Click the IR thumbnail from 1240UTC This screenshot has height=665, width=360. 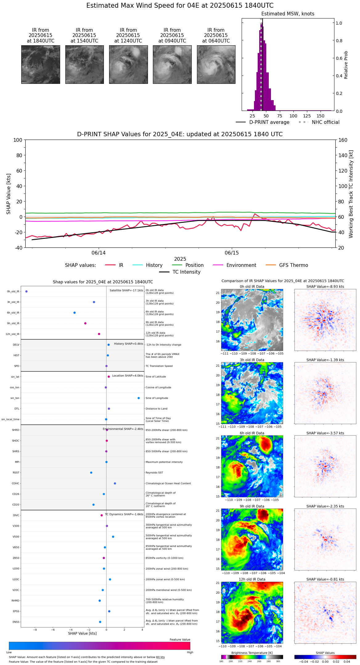click(128, 64)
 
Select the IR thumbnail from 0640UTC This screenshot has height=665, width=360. click(216, 64)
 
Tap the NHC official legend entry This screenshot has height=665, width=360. click(325, 122)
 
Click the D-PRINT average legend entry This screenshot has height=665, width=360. click(269, 122)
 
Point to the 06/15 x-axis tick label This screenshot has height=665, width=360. click(231, 253)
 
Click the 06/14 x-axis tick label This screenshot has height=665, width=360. click(99, 253)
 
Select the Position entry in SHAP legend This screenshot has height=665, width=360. click(194, 265)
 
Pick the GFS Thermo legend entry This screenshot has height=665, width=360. click(293, 265)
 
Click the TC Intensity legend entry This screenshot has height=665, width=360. click(186, 272)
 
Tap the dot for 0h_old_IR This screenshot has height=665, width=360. click(27, 292)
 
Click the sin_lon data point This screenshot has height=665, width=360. click(139, 398)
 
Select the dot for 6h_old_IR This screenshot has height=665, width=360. click(75, 313)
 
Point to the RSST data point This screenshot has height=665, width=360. click(91, 473)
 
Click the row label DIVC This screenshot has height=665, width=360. click(16, 515)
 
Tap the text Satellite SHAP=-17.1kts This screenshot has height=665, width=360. click(126, 290)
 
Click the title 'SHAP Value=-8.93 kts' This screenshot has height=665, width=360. click(325, 287)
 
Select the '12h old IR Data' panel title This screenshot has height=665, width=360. click(252, 579)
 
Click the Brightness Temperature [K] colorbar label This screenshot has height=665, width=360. click(252, 653)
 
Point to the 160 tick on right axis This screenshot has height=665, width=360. click(343, 140)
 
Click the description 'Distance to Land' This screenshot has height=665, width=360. click(156, 409)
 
